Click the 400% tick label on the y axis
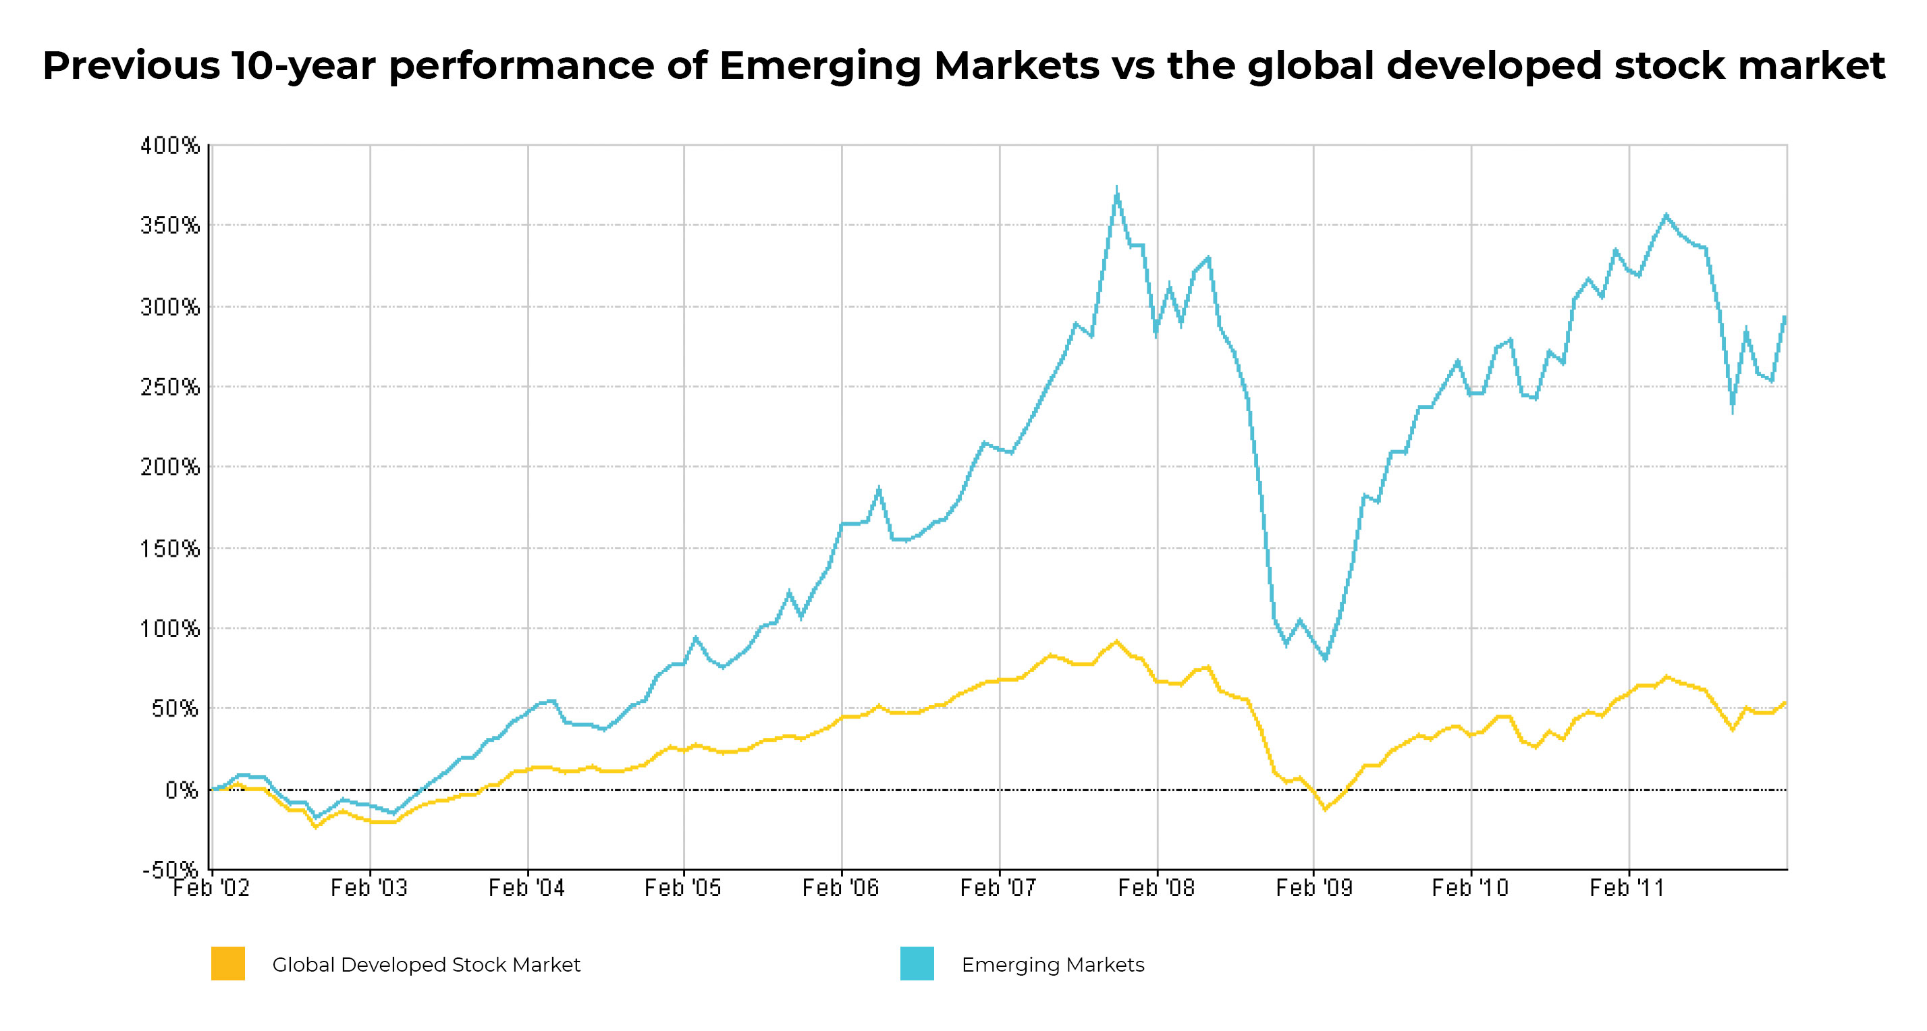tap(171, 146)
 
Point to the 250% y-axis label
tap(171, 387)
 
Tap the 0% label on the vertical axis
tap(182, 790)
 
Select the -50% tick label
tap(171, 870)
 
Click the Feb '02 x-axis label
tap(211, 888)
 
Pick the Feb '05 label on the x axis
tap(682, 888)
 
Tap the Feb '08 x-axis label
tap(1156, 888)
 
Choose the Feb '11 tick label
tap(1627, 888)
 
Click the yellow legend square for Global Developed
tap(228, 964)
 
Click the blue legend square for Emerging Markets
tap(917, 964)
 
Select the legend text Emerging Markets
tap(1052, 965)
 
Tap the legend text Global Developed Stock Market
tap(426, 965)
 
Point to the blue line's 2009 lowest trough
tap(1326, 659)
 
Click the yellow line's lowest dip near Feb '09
tap(1326, 809)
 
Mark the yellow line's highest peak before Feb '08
tap(1117, 642)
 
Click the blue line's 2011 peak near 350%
tap(1666, 215)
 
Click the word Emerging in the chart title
tap(820, 66)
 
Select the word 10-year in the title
tap(303, 66)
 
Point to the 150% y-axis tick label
tap(171, 549)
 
